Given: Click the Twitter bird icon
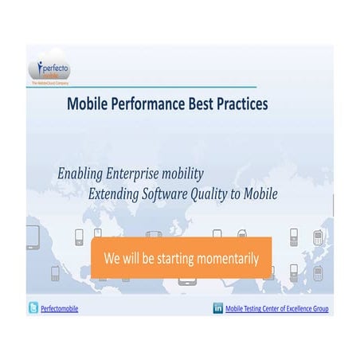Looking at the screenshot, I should point(33,308).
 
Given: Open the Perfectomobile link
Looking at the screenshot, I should point(59,309).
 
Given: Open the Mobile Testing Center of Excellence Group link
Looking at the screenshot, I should point(276,309).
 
